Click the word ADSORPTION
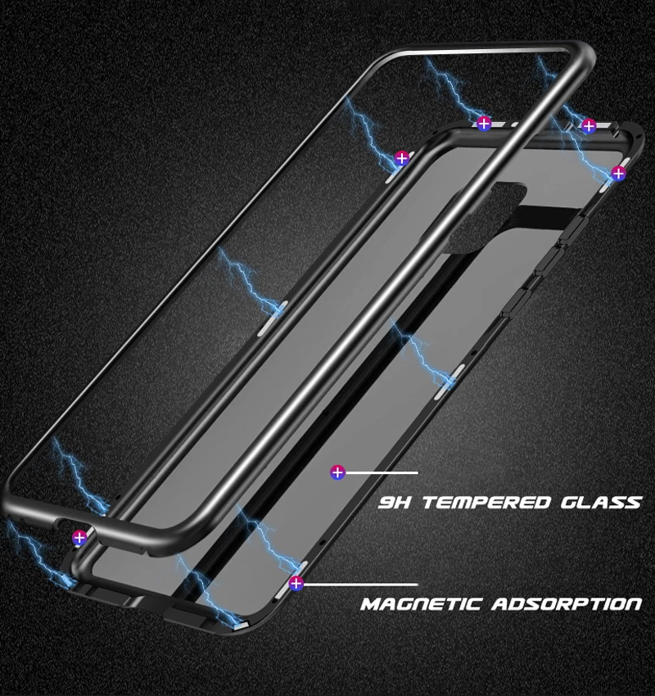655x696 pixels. point(567,605)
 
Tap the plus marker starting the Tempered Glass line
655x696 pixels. point(337,472)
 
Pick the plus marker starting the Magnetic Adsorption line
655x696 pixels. point(296,584)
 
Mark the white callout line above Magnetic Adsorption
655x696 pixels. point(360,585)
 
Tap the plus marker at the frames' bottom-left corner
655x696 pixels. point(79,538)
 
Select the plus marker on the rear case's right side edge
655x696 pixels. point(618,173)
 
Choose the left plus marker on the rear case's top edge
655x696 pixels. point(483,124)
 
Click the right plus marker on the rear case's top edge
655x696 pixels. point(588,125)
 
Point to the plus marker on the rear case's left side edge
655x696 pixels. point(401,158)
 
